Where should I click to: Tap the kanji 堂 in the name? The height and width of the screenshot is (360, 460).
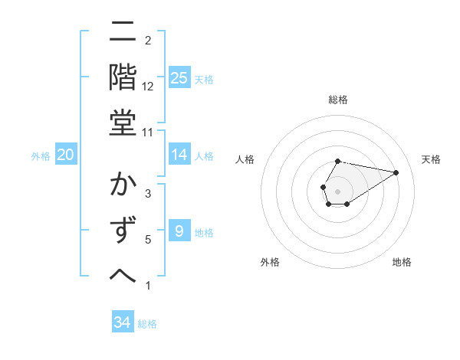point(123,123)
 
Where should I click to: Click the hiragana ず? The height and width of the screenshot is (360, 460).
point(123,231)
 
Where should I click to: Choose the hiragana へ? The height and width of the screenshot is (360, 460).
point(123,276)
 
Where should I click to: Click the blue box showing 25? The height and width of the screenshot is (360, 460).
point(179,77)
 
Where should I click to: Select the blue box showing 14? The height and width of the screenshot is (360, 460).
point(179,155)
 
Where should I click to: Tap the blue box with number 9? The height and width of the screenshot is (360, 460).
point(179,231)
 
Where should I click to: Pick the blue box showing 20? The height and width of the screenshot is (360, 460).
point(66,155)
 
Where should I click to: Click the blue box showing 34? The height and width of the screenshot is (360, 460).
point(123,322)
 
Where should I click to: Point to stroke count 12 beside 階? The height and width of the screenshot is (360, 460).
point(148,87)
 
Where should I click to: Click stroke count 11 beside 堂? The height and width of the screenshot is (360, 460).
point(148,133)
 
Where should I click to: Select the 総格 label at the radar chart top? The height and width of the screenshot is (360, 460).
point(338,100)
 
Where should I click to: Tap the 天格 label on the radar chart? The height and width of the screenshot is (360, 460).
point(432,159)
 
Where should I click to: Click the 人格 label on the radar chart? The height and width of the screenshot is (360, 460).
point(245,159)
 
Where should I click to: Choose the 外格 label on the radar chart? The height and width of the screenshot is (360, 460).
point(270,262)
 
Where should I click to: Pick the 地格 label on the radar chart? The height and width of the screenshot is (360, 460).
point(402,262)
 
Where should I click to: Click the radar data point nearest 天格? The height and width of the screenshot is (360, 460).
point(396,172)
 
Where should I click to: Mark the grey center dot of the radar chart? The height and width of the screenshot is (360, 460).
point(337,190)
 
